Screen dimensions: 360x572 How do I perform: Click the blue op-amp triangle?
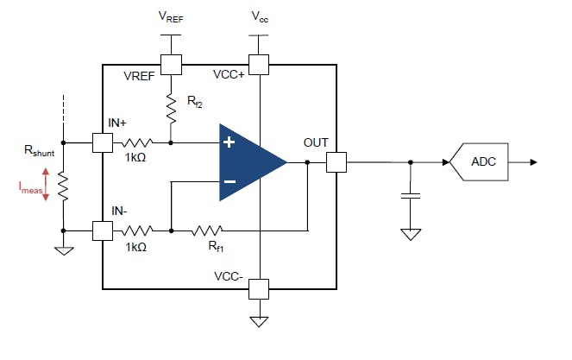click(x=247, y=161)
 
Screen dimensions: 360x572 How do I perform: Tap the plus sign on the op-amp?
click(x=229, y=142)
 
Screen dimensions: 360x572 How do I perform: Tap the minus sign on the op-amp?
click(x=229, y=181)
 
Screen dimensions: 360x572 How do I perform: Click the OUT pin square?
click(x=336, y=161)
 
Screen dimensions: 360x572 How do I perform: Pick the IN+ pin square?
click(x=103, y=142)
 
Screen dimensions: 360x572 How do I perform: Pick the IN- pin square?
click(x=103, y=231)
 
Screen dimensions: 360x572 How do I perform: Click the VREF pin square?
click(x=171, y=64)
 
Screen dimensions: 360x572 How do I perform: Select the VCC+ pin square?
click(x=258, y=64)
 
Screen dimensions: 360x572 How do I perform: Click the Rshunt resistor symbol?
click(x=63, y=186)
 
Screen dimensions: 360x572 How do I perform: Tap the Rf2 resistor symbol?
click(x=171, y=108)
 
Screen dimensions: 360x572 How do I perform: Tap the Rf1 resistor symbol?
click(x=207, y=231)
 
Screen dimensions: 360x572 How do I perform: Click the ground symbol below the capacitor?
click(x=412, y=233)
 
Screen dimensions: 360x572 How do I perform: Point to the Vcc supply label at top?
click(x=258, y=16)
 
